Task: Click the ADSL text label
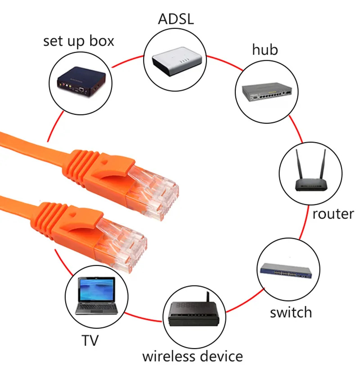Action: click(176, 19)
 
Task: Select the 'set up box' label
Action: click(79, 41)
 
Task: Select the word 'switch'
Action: click(291, 312)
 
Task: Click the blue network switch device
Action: click(286, 271)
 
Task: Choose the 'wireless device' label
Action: click(193, 356)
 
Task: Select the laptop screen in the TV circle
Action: click(97, 290)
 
